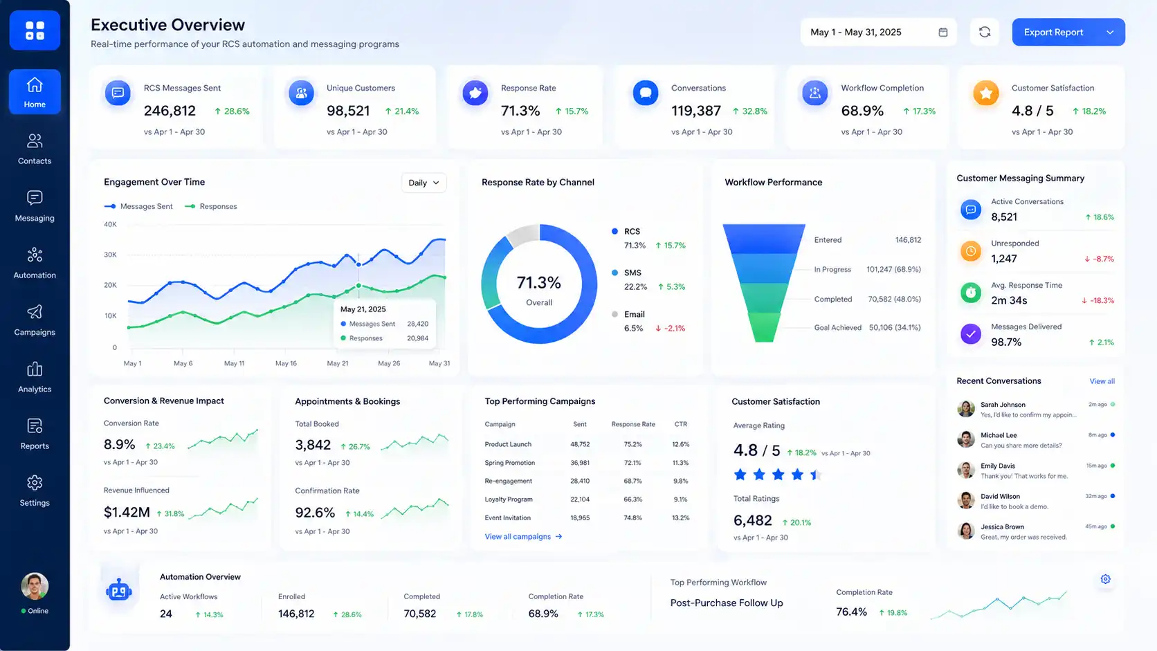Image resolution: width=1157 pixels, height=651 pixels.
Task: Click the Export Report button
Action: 1068,32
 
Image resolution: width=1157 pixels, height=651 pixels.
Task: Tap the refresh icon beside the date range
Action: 985,32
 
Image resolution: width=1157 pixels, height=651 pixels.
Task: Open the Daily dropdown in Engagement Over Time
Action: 423,183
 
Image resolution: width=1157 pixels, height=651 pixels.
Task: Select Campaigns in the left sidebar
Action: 35,320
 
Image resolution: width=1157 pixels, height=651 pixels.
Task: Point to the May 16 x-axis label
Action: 286,363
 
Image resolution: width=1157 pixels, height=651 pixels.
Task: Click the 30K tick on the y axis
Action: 110,255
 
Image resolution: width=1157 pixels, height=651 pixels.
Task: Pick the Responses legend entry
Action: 211,206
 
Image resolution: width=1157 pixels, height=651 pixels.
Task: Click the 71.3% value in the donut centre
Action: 539,282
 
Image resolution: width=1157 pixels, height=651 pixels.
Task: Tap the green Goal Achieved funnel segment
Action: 764,327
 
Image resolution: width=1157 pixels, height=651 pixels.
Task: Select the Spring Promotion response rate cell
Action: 632,463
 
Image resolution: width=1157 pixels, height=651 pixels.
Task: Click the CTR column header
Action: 681,424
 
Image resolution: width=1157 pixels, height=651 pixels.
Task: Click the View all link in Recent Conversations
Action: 1102,381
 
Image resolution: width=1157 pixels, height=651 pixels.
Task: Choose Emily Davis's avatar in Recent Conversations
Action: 965,470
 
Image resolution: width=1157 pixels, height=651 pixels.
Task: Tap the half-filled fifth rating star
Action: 816,475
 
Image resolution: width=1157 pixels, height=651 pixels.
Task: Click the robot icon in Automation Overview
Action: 119,589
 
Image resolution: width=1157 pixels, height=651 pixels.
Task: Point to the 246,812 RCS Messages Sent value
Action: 170,111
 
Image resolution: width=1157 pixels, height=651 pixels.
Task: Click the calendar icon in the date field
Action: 942,32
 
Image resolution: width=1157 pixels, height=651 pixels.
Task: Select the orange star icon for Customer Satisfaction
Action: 985,93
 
